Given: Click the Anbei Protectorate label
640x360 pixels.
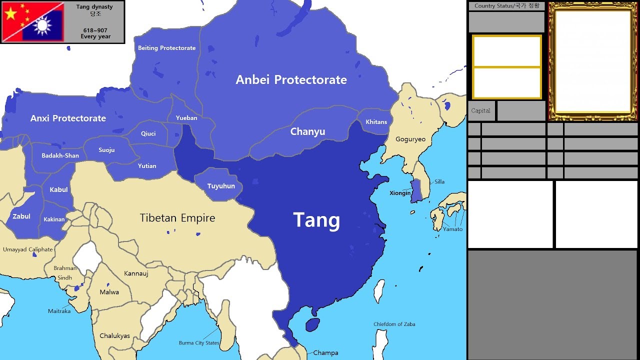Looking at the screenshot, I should (291, 80).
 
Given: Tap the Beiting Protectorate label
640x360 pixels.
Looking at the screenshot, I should (166, 48).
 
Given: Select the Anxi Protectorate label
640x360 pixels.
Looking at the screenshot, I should (68, 118).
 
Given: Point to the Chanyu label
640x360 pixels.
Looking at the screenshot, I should (307, 132).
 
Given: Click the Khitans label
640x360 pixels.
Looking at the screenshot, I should (376, 122).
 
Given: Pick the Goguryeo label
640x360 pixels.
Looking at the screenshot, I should (410, 139).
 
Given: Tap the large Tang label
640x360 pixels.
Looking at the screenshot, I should (316, 220).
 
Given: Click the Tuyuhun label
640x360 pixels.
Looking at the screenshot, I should (221, 186).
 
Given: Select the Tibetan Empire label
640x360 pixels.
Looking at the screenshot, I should (177, 218).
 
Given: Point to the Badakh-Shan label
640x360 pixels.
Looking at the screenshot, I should (60, 155).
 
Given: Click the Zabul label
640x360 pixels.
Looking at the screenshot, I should (21, 216).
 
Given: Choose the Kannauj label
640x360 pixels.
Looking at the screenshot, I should (136, 273).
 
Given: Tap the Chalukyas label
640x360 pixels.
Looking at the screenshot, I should (114, 336).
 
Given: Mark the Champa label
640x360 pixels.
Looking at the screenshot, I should (325, 353).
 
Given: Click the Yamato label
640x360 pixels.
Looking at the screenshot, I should (452, 229).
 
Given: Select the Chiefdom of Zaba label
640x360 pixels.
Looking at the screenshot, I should (394, 324).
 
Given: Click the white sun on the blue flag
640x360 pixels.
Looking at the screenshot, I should (43, 25).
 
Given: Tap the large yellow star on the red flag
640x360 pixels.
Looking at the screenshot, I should (10, 13).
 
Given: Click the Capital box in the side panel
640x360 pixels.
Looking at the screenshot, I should (481, 110).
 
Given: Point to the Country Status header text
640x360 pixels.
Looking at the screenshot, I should (506, 6).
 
